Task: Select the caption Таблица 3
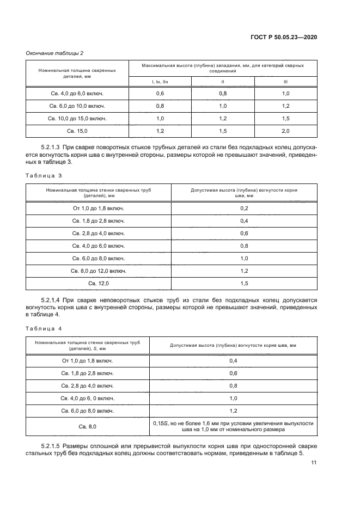pyautogui.click(x=44, y=176)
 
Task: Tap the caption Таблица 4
pyautogui.click(x=44, y=329)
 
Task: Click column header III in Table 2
pyautogui.click(x=285, y=82)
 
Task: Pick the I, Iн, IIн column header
pyautogui.click(x=160, y=82)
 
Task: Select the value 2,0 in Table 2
pyautogui.click(x=285, y=131)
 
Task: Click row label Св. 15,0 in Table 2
pyautogui.click(x=77, y=131)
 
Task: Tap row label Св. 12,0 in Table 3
pyautogui.click(x=99, y=284)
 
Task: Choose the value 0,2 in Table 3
pyautogui.click(x=244, y=208)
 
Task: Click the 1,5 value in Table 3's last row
pyautogui.click(x=244, y=284)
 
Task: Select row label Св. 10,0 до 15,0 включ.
pyautogui.click(x=77, y=119)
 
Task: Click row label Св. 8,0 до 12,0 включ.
pyautogui.click(x=99, y=271)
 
